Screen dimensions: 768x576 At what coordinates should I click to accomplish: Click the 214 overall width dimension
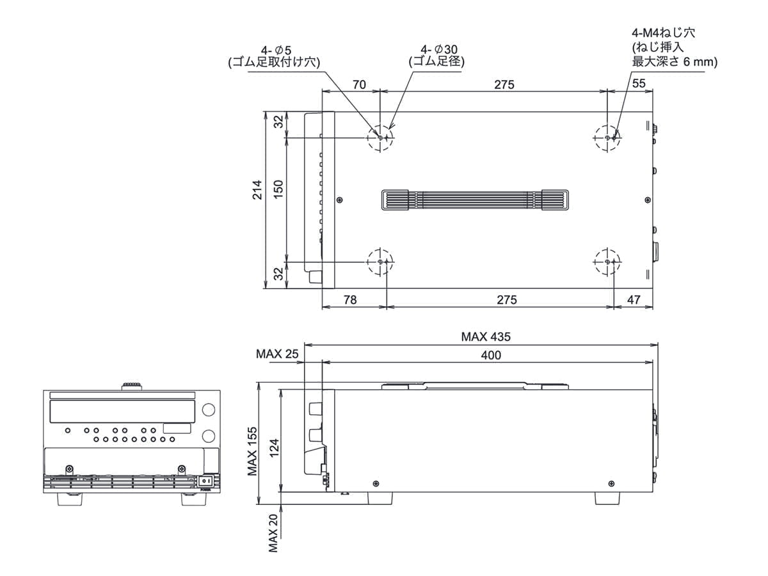[x=257, y=190]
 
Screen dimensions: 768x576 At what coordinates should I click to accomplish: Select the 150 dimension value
[x=278, y=189]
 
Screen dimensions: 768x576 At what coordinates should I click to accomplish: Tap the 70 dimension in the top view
[x=359, y=84]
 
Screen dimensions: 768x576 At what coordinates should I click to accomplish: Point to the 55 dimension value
[x=639, y=83]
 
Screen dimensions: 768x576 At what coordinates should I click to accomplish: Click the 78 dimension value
[x=350, y=300]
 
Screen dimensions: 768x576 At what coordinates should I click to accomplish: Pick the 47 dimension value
[x=634, y=300]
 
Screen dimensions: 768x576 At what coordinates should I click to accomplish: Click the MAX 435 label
[x=486, y=337]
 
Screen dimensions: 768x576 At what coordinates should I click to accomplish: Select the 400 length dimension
[x=490, y=355]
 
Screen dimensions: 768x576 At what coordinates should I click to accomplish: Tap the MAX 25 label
[x=277, y=354]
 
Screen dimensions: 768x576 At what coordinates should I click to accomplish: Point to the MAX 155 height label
[x=252, y=451]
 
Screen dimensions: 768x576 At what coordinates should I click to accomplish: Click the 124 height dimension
[x=274, y=447]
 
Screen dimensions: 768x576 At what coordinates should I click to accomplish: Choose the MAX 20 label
[x=273, y=533]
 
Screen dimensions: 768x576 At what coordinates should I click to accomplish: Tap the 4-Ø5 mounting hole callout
[x=275, y=56]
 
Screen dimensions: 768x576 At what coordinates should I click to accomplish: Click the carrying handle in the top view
[x=475, y=200]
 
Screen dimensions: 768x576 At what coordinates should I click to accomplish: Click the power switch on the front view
[x=205, y=481]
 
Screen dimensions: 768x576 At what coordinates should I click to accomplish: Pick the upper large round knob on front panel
[x=209, y=410]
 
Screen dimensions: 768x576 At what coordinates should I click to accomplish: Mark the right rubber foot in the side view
[x=607, y=499]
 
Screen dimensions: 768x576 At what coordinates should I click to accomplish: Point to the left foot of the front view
[x=70, y=499]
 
